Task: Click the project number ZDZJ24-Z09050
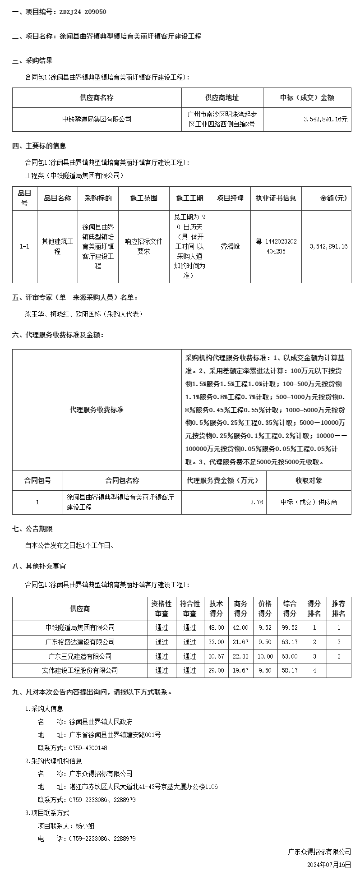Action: click(x=83, y=12)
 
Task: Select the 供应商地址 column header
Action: click(x=222, y=97)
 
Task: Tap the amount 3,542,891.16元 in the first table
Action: click(x=325, y=120)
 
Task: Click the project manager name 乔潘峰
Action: click(x=230, y=246)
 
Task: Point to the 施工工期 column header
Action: click(x=189, y=198)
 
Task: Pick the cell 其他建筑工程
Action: click(x=57, y=246)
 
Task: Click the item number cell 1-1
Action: click(x=24, y=246)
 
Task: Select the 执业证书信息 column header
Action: click(x=276, y=198)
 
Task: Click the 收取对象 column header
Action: click(x=309, y=480)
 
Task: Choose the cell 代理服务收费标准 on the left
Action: click(x=97, y=410)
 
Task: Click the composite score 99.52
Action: click(x=290, y=627)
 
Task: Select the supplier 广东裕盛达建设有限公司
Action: click(x=80, y=641)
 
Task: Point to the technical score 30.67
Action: click(x=216, y=656)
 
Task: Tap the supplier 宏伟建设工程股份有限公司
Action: click(x=80, y=670)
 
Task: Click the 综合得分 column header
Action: click(x=290, y=608)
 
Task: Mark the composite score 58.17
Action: click(x=290, y=670)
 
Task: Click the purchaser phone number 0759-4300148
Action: click(x=88, y=748)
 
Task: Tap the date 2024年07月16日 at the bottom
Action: click(x=328, y=864)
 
